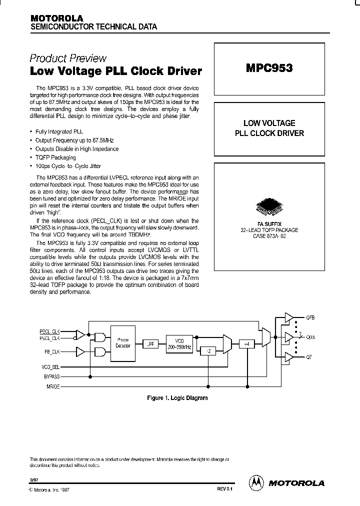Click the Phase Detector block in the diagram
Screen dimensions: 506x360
click(x=123, y=342)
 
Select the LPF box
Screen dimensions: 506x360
click(x=150, y=344)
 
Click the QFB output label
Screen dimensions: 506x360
click(x=310, y=317)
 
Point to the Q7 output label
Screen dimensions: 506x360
click(x=308, y=357)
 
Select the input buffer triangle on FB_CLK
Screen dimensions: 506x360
click(x=79, y=351)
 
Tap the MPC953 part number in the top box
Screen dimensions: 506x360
click(x=268, y=68)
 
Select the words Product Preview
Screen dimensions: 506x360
click(x=68, y=58)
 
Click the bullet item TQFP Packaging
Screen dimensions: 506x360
click(x=55, y=157)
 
